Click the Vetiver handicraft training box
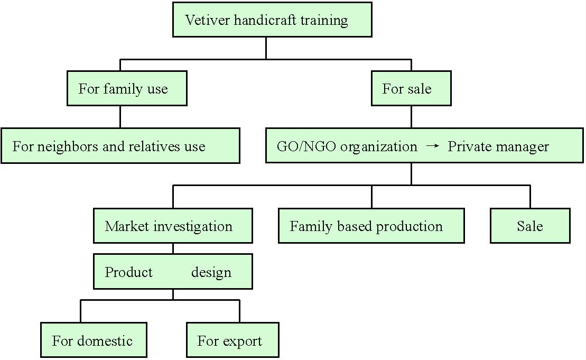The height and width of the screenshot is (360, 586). coord(272,20)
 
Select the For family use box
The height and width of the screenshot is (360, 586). coord(127,88)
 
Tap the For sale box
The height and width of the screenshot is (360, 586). coord(411,88)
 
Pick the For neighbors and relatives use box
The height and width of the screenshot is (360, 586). coord(120,146)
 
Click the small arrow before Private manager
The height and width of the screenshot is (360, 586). coord(432,145)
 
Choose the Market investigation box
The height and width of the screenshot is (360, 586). coord(173,226)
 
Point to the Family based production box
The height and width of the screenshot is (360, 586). coord(371,226)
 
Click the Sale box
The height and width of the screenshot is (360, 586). coord(531,226)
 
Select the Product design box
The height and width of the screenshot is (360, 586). coord(173,271)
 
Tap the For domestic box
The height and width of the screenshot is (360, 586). coord(94,340)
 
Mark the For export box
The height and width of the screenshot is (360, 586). coord(233,340)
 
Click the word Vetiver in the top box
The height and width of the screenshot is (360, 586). coord(207,20)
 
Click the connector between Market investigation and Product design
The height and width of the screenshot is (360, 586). coord(173,248)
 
